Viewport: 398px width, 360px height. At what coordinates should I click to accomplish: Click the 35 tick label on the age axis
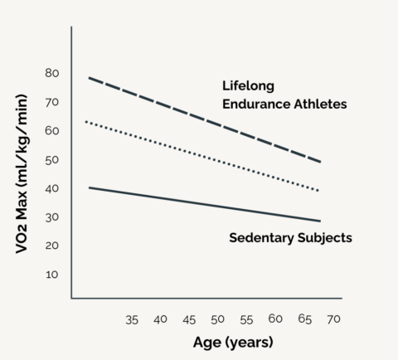click(132, 319)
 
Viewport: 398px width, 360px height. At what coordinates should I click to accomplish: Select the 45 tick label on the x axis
click(189, 319)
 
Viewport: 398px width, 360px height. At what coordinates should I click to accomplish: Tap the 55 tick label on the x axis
click(246, 319)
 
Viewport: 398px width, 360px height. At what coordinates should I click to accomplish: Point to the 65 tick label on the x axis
click(303, 319)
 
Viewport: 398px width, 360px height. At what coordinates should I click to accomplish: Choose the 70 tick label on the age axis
click(333, 319)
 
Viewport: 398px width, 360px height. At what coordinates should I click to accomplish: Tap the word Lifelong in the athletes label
click(248, 85)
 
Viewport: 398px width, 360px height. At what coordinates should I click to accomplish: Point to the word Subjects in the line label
click(325, 238)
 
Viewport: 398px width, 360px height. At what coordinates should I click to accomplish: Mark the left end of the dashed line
click(89, 78)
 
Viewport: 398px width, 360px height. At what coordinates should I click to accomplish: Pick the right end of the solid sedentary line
click(320, 221)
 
